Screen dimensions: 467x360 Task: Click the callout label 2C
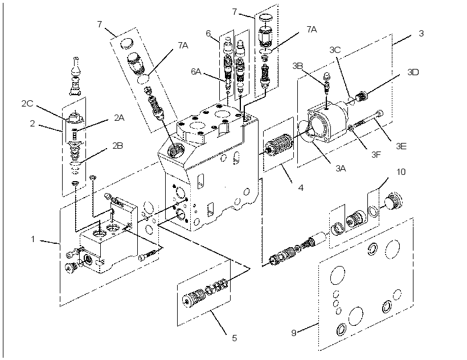coord(27,104)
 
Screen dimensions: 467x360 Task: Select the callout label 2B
coord(118,146)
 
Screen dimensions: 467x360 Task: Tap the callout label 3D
coord(413,72)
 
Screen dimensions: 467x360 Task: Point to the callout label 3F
coord(376,154)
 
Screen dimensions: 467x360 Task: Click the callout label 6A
coord(196,71)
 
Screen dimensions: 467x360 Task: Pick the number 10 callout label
coord(401,172)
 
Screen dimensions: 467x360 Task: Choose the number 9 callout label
coord(294,333)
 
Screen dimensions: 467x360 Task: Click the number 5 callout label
coord(235,338)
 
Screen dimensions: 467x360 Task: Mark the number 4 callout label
coord(301,188)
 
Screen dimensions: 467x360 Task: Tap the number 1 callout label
coord(33,239)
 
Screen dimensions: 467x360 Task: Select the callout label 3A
coord(341,169)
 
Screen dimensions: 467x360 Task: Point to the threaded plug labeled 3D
coord(361,96)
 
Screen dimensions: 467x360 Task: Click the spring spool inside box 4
coord(278,145)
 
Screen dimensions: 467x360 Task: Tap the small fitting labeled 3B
coord(327,81)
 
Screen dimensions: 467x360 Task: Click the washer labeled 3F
coord(351,128)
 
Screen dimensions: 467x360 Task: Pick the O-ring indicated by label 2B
coord(76,164)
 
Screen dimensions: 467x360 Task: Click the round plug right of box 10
coord(394,201)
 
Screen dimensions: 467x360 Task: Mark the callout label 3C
coord(335,50)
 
